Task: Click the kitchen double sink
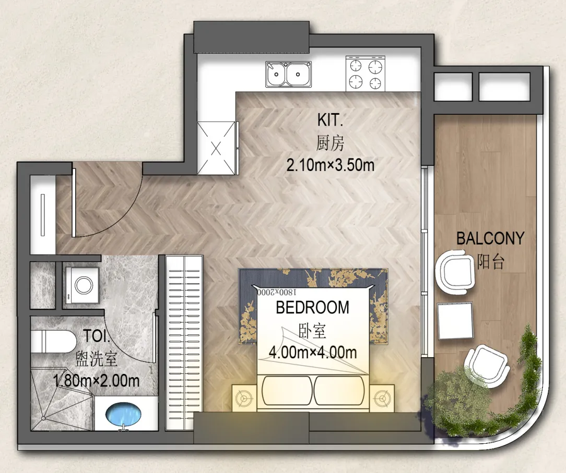tap(288, 74)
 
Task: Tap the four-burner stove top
tap(365, 74)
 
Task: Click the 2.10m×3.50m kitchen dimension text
tap(331, 165)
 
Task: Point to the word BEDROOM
tap(313, 308)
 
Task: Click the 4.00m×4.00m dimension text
tap(313, 352)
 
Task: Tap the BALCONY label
tap(490, 238)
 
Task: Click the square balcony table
tap(455, 321)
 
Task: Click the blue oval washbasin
tap(123, 415)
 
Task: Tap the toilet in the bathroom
tap(53, 342)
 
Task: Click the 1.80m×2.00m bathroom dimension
tap(96, 381)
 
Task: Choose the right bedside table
tap(382, 398)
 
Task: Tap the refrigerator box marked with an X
tap(216, 148)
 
